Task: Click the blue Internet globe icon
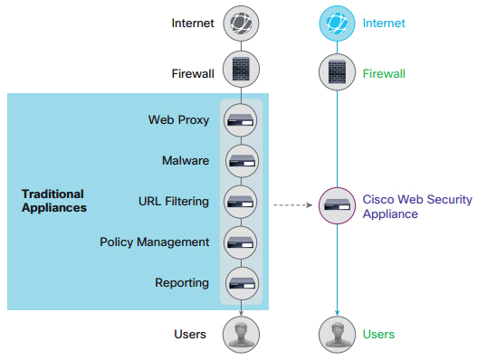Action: click(337, 24)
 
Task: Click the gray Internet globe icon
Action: click(241, 24)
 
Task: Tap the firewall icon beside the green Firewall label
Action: click(337, 72)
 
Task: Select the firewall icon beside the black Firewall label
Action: click(241, 70)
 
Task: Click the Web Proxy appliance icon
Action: click(241, 120)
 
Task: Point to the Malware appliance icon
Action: click(242, 161)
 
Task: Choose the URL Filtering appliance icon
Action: click(241, 202)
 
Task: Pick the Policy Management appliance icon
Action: click(241, 242)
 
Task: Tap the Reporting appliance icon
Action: click(242, 283)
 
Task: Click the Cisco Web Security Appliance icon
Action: click(337, 206)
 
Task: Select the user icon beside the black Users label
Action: click(241, 335)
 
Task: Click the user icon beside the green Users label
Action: click(337, 335)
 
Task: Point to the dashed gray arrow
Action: click(293, 205)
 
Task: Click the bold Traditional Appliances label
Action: click(54, 201)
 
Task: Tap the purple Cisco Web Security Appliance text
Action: click(417, 206)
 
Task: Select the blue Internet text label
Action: click(384, 24)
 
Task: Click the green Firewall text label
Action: click(384, 73)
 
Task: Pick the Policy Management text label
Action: click(155, 242)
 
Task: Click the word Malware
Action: click(186, 160)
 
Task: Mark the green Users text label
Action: click(378, 334)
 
